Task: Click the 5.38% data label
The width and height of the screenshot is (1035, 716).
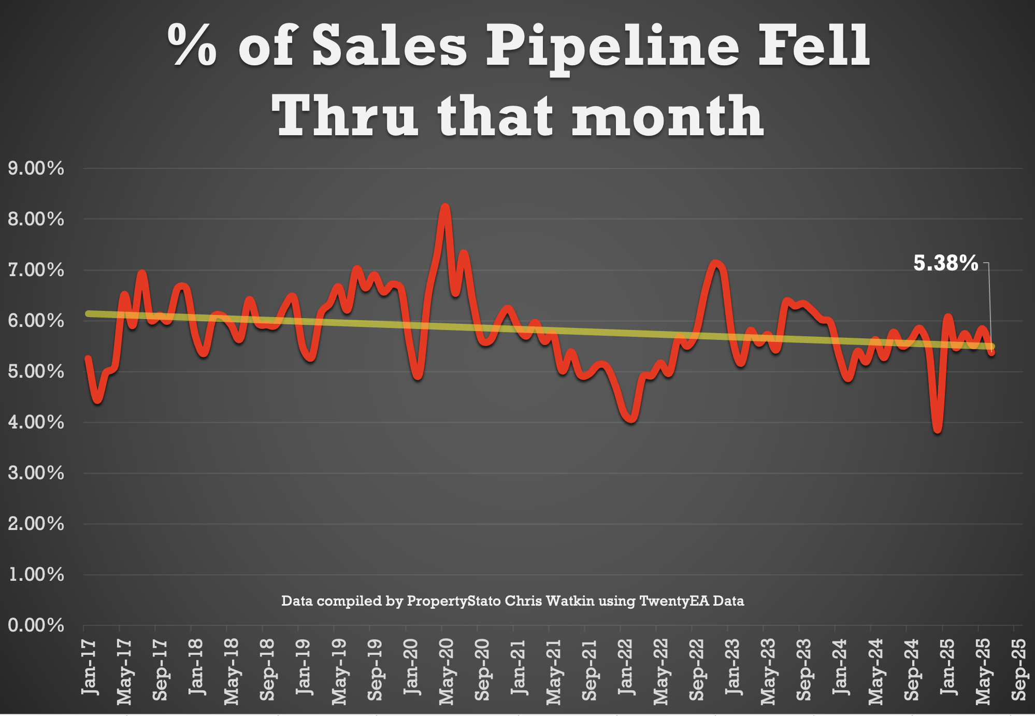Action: pyautogui.click(x=945, y=263)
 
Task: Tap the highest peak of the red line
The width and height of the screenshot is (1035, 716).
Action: pyautogui.click(x=445, y=207)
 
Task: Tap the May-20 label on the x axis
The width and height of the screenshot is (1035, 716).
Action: pyautogui.click(x=446, y=671)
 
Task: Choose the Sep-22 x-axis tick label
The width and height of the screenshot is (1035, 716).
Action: pyautogui.click(x=697, y=669)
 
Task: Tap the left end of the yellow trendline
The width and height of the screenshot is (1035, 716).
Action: pyautogui.click(x=88, y=313)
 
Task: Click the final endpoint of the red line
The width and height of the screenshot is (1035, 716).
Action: pyautogui.click(x=991, y=352)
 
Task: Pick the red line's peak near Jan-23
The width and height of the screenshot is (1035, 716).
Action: pyautogui.click(x=716, y=263)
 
